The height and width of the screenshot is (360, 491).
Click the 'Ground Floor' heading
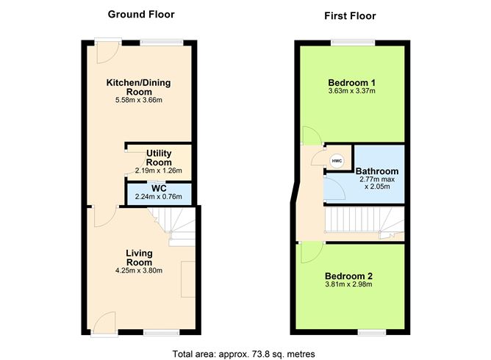(x=141, y=14)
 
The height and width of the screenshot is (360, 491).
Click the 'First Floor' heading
(x=350, y=15)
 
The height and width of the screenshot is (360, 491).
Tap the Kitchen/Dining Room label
(x=138, y=87)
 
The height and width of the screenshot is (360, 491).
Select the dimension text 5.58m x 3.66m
(x=138, y=100)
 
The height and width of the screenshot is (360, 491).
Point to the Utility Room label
(x=159, y=157)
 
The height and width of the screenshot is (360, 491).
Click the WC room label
(x=159, y=188)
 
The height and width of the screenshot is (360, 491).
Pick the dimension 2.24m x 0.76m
(x=159, y=196)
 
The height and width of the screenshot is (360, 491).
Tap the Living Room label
(x=138, y=258)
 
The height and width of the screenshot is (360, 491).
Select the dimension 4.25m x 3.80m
(x=138, y=270)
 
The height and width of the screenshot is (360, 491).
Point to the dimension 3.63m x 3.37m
(x=351, y=91)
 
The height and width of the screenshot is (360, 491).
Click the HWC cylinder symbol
(x=337, y=161)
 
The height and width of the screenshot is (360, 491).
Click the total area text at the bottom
(x=243, y=353)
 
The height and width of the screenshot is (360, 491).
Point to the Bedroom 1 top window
(x=351, y=41)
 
